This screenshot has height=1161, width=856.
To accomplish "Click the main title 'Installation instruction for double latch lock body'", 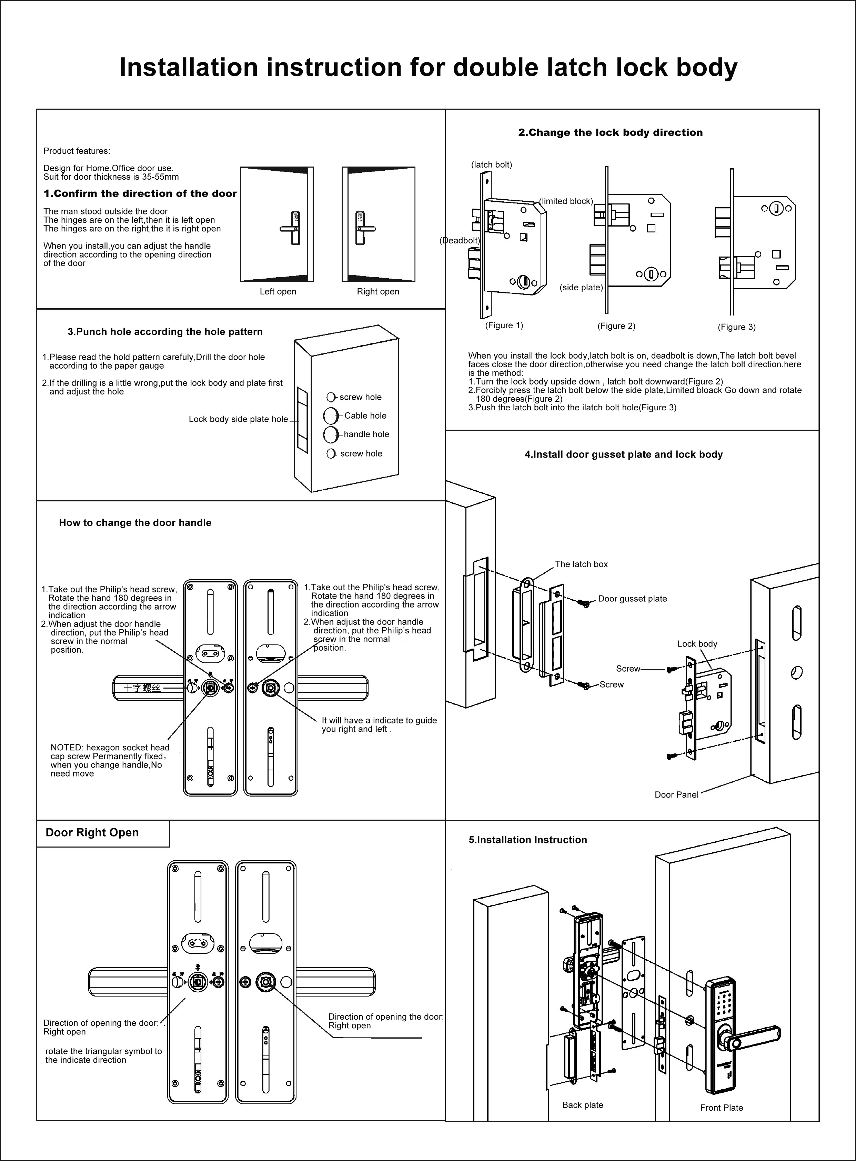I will click(x=428, y=67).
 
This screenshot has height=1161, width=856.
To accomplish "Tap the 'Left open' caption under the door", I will click(x=278, y=291).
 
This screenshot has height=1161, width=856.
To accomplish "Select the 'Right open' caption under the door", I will click(x=378, y=291).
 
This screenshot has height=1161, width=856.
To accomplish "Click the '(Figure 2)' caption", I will click(x=616, y=326).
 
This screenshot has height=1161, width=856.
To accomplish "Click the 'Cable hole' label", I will click(x=365, y=416).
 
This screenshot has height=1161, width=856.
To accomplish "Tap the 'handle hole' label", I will click(x=366, y=434).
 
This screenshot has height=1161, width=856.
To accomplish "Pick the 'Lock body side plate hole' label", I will click(x=238, y=419).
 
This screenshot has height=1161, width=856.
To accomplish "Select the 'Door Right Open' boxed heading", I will click(x=92, y=832).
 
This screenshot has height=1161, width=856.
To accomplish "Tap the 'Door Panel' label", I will click(x=676, y=794).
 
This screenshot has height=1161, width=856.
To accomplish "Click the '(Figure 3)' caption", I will click(x=736, y=327).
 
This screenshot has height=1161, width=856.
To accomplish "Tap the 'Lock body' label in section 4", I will click(x=697, y=644).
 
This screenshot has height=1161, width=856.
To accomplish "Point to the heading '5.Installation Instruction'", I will click(x=527, y=840).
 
